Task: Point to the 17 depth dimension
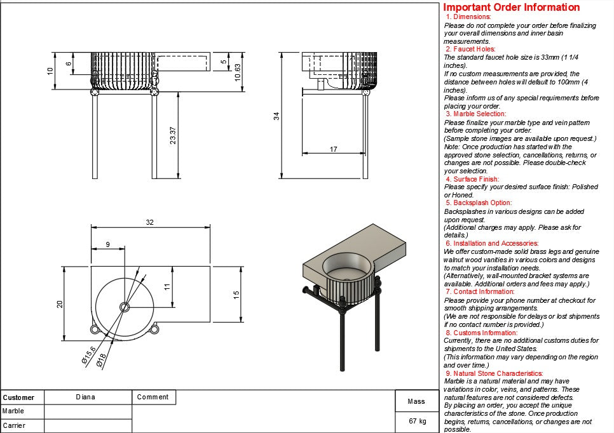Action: (x=334, y=149)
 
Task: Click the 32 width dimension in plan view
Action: (x=150, y=223)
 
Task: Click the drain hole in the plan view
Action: (x=125, y=307)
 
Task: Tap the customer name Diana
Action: (x=85, y=397)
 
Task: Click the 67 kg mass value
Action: (x=418, y=421)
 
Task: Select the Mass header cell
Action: (x=416, y=401)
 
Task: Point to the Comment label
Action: (x=153, y=397)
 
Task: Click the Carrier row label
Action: (x=14, y=425)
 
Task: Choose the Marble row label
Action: (x=13, y=411)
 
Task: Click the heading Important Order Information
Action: (x=511, y=8)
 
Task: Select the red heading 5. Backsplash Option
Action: (x=479, y=203)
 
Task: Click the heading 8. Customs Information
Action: (x=481, y=333)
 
